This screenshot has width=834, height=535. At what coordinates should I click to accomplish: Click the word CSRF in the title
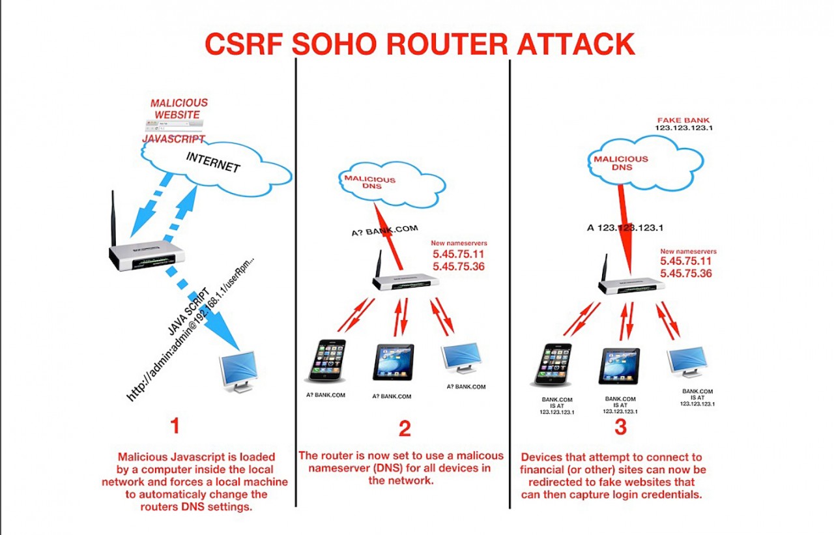(x=244, y=44)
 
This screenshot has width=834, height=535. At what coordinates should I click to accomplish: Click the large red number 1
(x=175, y=426)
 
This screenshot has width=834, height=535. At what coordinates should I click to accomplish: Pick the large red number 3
(x=620, y=427)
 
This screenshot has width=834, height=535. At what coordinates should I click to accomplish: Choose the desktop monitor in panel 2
(x=461, y=357)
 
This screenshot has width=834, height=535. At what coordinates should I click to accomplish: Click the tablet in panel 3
(x=619, y=366)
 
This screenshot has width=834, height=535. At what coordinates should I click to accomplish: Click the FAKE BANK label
(x=683, y=120)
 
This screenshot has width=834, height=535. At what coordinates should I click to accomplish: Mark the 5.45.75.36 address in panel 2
(x=458, y=267)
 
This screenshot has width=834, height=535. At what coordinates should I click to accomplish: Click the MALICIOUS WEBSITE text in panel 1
(x=179, y=109)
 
